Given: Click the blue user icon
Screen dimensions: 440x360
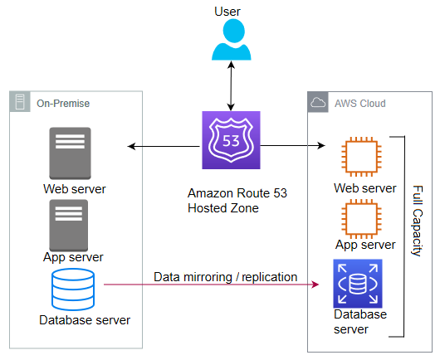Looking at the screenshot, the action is (x=232, y=40).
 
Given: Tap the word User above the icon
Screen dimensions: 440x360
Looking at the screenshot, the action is (x=227, y=12).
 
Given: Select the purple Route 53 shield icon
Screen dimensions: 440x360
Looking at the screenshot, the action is (x=232, y=140).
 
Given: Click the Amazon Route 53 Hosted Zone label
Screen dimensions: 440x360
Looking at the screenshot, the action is (x=237, y=201).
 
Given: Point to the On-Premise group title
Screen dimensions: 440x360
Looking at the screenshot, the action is (x=63, y=104).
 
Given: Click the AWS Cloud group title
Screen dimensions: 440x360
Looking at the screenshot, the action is (x=360, y=104).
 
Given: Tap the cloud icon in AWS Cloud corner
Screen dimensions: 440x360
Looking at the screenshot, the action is (x=318, y=102).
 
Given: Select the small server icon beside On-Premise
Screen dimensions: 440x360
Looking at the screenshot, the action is (x=20, y=102).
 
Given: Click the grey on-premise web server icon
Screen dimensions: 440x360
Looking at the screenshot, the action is (x=71, y=153).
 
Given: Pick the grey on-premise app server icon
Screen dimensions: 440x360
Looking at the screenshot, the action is (x=69, y=226).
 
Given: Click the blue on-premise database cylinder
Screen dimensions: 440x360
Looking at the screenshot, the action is (x=73, y=289).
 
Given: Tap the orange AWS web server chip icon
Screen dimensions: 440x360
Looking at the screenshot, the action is (x=361, y=157).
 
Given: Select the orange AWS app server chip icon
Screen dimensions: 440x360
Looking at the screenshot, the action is (x=361, y=219).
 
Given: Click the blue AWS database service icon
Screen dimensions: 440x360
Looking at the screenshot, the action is (x=358, y=284).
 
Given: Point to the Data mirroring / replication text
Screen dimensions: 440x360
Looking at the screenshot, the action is (x=225, y=277).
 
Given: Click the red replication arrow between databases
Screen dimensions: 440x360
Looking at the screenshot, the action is (x=212, y=285).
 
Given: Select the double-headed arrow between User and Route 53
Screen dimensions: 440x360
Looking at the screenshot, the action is (x=231, y=85).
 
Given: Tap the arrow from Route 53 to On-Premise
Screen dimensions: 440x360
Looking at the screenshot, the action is (x=164, y=146).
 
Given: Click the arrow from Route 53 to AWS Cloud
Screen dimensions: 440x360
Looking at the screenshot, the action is (x=293, y=145).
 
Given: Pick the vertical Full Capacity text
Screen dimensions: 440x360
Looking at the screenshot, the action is (x=418, y=221).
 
